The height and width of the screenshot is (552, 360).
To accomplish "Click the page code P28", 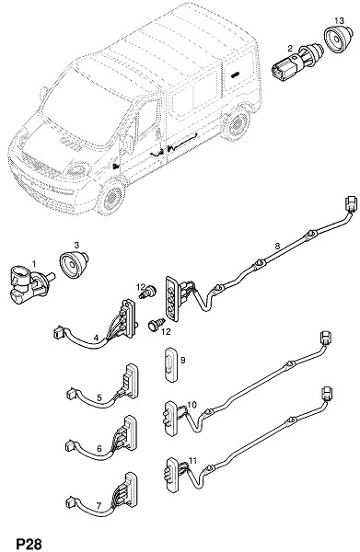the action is [29, 544].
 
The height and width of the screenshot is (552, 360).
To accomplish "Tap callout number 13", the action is [339, 21].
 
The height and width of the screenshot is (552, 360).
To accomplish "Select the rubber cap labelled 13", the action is [338, 39].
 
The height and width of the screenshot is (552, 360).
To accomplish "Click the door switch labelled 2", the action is [296, 63].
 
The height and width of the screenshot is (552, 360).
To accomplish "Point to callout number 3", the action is [76, 245].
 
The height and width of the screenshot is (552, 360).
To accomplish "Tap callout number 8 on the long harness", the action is [277, 246].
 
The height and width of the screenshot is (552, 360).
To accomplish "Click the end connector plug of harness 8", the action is [351, 203].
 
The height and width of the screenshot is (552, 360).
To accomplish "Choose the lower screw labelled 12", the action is [156, 324].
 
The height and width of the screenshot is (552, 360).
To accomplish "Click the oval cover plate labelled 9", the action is [171, 364].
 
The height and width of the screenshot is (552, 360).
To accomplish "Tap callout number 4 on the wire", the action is [96, 338].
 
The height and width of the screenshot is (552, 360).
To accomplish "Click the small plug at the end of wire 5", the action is [71, 393].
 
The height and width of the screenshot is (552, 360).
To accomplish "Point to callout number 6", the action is [99, 449].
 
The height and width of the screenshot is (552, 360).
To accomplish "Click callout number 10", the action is [192, 405].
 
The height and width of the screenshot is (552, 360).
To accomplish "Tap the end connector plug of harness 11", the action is [327, 393].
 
